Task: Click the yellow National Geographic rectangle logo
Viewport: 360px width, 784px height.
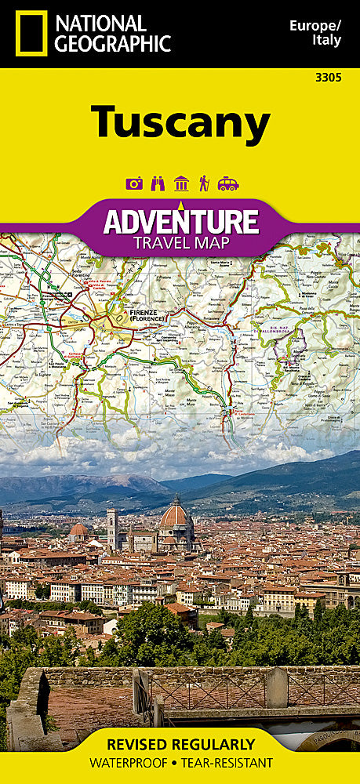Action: [31, 34]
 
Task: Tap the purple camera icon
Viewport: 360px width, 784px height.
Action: [134, 183]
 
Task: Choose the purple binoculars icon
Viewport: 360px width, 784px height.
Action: [158, 183]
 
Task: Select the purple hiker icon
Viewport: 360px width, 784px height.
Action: [204, 183]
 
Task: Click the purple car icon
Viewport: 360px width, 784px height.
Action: [227, 183]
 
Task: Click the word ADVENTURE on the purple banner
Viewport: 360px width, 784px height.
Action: [181, 221]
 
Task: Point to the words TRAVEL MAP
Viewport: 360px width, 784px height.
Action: [181, 242]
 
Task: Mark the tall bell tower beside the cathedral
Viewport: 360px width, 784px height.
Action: [112, 528]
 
